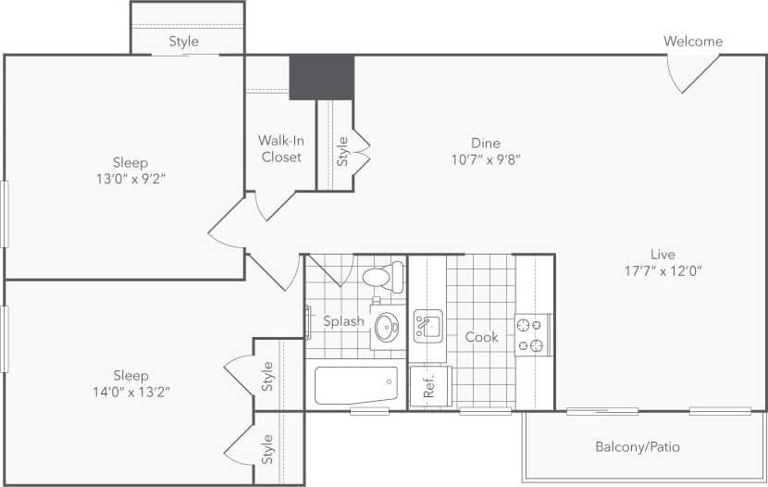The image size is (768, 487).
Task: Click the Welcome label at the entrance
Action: click(693, 42)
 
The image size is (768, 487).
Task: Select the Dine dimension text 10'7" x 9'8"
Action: click(485, 159)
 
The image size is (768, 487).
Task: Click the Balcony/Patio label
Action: click(637, 447)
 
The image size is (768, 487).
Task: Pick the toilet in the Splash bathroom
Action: click(382, 276)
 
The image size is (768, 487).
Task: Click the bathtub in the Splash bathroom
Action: click(356, 385)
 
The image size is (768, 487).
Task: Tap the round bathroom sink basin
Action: click(387, 327)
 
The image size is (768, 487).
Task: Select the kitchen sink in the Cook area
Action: click(427, 326)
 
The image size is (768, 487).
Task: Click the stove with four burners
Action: click(532, 335)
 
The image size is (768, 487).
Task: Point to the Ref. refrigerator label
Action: click(429, 386)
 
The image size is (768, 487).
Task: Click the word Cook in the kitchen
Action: click(481, 337)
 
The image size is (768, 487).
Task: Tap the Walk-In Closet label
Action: click(280, 149)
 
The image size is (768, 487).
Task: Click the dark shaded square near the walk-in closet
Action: click(321, 78)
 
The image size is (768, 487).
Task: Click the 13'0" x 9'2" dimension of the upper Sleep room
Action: click(130, 179)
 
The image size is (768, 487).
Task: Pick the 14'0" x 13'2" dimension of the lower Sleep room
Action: click(130, 392)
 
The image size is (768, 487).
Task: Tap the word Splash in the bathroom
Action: click(343, 322)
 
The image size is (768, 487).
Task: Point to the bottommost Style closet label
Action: click(267, 450)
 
